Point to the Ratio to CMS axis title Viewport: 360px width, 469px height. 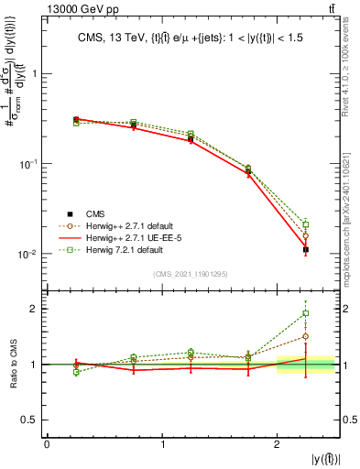tap(13, 365)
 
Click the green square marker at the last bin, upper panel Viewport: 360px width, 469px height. tap(306, 224)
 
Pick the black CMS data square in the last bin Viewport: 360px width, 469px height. tap(306, 249)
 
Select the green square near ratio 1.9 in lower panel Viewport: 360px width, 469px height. tap(306, 313)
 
